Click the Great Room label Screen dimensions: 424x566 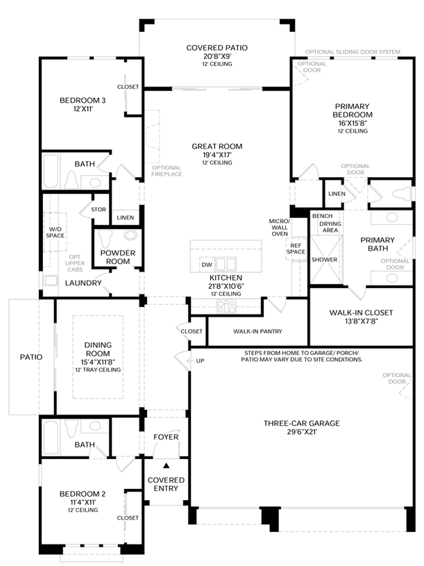(217, 147)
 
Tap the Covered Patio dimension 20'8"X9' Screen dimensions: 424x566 (217, 56)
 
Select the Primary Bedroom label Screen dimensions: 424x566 (353, 110)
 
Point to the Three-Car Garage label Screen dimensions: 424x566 (302, 423)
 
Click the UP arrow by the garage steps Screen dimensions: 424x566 (190, 360)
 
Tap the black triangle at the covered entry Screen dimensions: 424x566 (167, 466)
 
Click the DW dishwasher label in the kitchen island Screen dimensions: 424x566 (207, 265)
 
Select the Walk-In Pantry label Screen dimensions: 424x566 (257, 331)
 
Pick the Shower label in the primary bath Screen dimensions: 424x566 (325, 260)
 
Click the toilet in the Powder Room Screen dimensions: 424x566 (105, 239)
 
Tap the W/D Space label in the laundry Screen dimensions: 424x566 (55, 233)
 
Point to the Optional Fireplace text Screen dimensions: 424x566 (167, 171)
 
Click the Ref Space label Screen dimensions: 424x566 (296, 249)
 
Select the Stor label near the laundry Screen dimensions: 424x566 (99, 209)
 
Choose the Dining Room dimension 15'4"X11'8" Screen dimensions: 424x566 (98, 362)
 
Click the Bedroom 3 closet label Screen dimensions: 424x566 (128, 87)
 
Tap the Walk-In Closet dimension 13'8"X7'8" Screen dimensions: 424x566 (361, 321)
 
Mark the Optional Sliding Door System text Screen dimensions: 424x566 (353, 51)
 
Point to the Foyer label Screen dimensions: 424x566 (167, 437)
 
